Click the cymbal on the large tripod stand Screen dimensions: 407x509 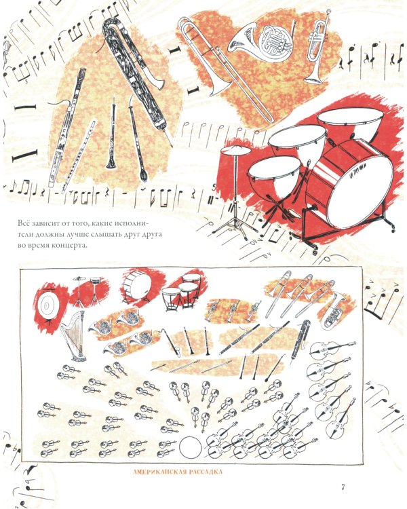point(235,150)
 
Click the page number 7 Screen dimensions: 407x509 point(343,487)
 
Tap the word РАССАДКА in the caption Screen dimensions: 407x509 point(203,472)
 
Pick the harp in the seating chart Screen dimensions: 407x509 point(74,337)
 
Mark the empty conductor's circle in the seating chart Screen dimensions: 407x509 point(190,447)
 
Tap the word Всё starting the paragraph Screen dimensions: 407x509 point(25,223)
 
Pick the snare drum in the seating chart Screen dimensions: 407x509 point(95,281)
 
